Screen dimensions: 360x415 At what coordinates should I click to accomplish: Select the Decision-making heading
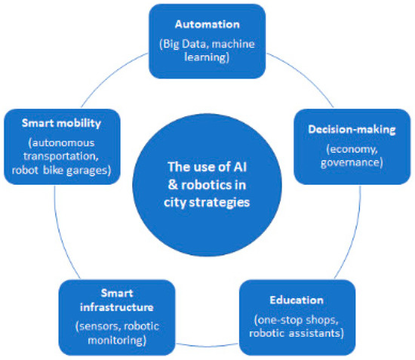point(340,130)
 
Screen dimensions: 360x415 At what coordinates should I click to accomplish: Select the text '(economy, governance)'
point(340,155)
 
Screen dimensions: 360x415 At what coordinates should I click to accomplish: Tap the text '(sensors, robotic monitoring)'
point(119,333)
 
